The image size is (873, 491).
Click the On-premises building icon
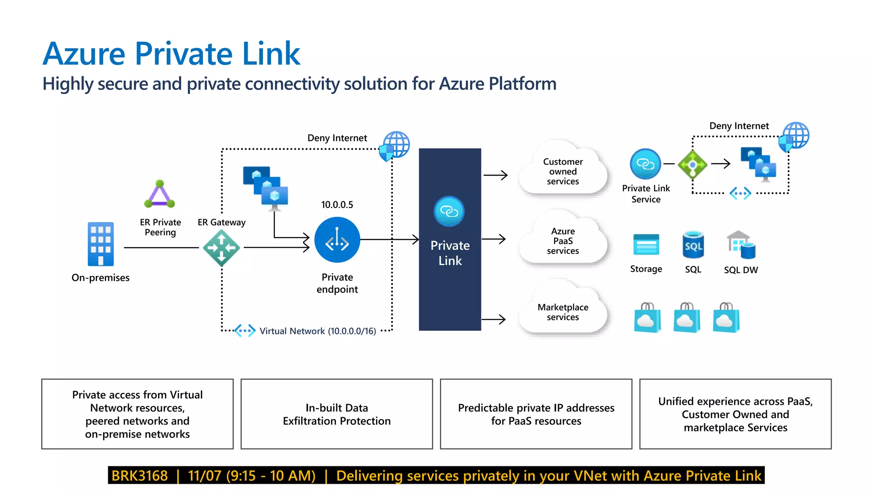pyautogui.click(x=101, y=244)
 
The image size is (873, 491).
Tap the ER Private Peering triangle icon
pyautogui.click(x=159, y=194)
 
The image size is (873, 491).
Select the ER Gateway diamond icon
pyautogui.click(x=221, y=248)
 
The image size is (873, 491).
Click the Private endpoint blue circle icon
pyautogui.click(x=337, y=240)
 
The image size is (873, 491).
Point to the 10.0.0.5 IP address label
pyautogui.click(x=337, y=205)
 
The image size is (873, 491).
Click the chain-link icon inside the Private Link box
pyautogui.click(x=449, y=211)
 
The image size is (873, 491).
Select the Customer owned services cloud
pyautogui.click(x=563, y=171)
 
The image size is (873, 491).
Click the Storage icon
pyautogui.click(x=646, y=245)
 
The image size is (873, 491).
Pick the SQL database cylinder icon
pyautogui.click(x=693, y=245)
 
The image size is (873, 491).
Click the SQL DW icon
pyautogui.click(x=741, y=245)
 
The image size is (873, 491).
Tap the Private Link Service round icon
pyautogui.click(x=645, y=164)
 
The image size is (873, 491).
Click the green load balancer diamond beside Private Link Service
pyautogui.click(x=692, y=165)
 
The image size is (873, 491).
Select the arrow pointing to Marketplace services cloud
pyautogui.click(x=494, y=319)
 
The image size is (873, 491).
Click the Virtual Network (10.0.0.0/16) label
pyautogui.click(x=318, y=331)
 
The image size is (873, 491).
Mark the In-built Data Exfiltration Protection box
pyautogui.click(x=337, y=414)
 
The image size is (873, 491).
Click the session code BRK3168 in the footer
pyautogui.click(x=139, y=476)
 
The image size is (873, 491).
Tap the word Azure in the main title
pyautogui.click(x=84, y=54)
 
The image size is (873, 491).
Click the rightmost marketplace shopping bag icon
pyautogui.click(x=726, y=318)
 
